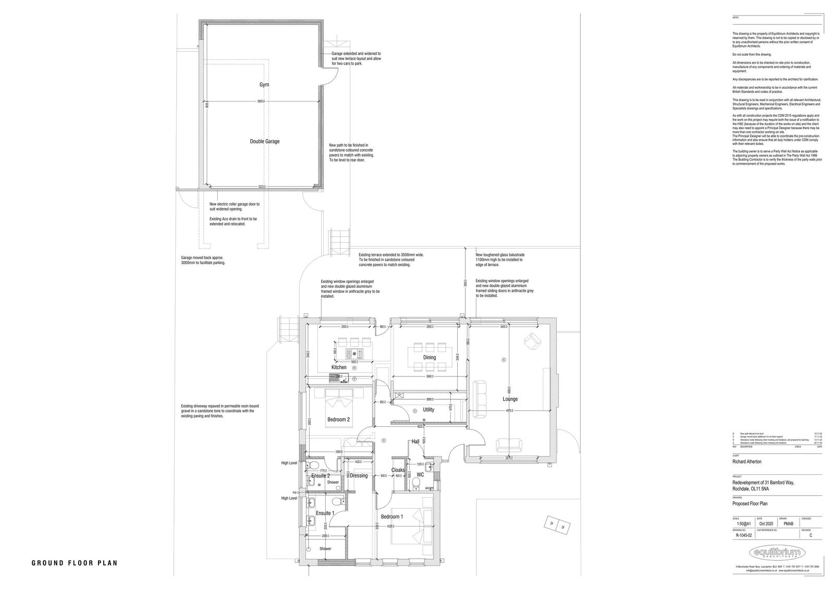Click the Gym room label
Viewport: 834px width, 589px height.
coord(264,84)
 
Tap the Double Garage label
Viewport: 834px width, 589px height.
coord(264,141)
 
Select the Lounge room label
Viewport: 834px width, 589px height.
coord(510,399)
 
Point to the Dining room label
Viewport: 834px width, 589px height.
coord(430,358)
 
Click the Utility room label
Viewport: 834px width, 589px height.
coord(428,410)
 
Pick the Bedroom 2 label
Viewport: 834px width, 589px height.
coord(338,420)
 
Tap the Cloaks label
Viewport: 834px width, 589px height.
coord(398,470)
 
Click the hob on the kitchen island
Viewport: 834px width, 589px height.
coord(354,353)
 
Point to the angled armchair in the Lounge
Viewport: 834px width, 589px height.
coord(532,341)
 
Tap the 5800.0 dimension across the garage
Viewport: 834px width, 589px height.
coord(261,102)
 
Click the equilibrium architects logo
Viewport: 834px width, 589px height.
coord(777,553)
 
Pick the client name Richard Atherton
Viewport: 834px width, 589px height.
coord(747,462)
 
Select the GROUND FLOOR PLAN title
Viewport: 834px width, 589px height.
coord(75,563)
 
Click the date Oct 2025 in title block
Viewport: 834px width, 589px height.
coord(765,524)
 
